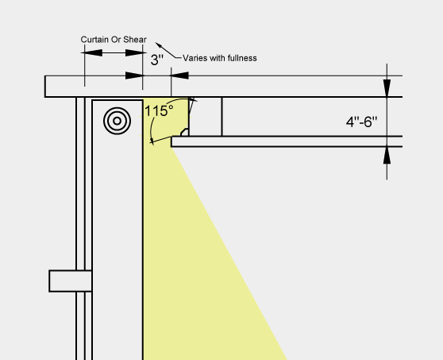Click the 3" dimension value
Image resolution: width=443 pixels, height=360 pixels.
pyautogui.click(x=157, y=60)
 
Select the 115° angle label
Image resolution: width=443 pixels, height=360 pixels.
pyautogui.click(x=159, y=110)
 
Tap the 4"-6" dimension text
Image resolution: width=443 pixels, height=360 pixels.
pyautogui.click(x=362, y=122)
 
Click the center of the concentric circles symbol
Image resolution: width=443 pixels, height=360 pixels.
pyautogui.click(x=117, y=121)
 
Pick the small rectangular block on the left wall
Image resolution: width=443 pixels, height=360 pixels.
pyautogui.click(x=71, y=281)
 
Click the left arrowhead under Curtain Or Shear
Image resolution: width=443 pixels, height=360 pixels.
pyautogui.click(x=92, y=52)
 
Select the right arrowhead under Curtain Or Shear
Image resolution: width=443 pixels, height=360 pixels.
pyautogui.click(x=136, y=52)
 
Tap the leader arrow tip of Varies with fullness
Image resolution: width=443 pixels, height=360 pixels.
pyautogui.click(x=156, y=43)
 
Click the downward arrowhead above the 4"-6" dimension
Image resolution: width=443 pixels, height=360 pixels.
pyautogui.click(x=387, y=87)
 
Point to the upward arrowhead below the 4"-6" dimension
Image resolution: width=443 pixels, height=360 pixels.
pyautogui.click(x=387, y=155)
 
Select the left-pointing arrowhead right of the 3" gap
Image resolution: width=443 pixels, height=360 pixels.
pyautogui.click(x=179, y=75)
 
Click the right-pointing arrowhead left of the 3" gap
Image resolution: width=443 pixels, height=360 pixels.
pyautogui.click(x=134, y=75)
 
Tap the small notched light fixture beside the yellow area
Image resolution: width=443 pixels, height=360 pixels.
pyautogui.click(x=185, y=132)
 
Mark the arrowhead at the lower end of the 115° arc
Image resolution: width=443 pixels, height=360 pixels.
pyautogui.click(x=152, y=141)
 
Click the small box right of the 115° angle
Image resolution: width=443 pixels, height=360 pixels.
pyautogui.click(x=206, y=117)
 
